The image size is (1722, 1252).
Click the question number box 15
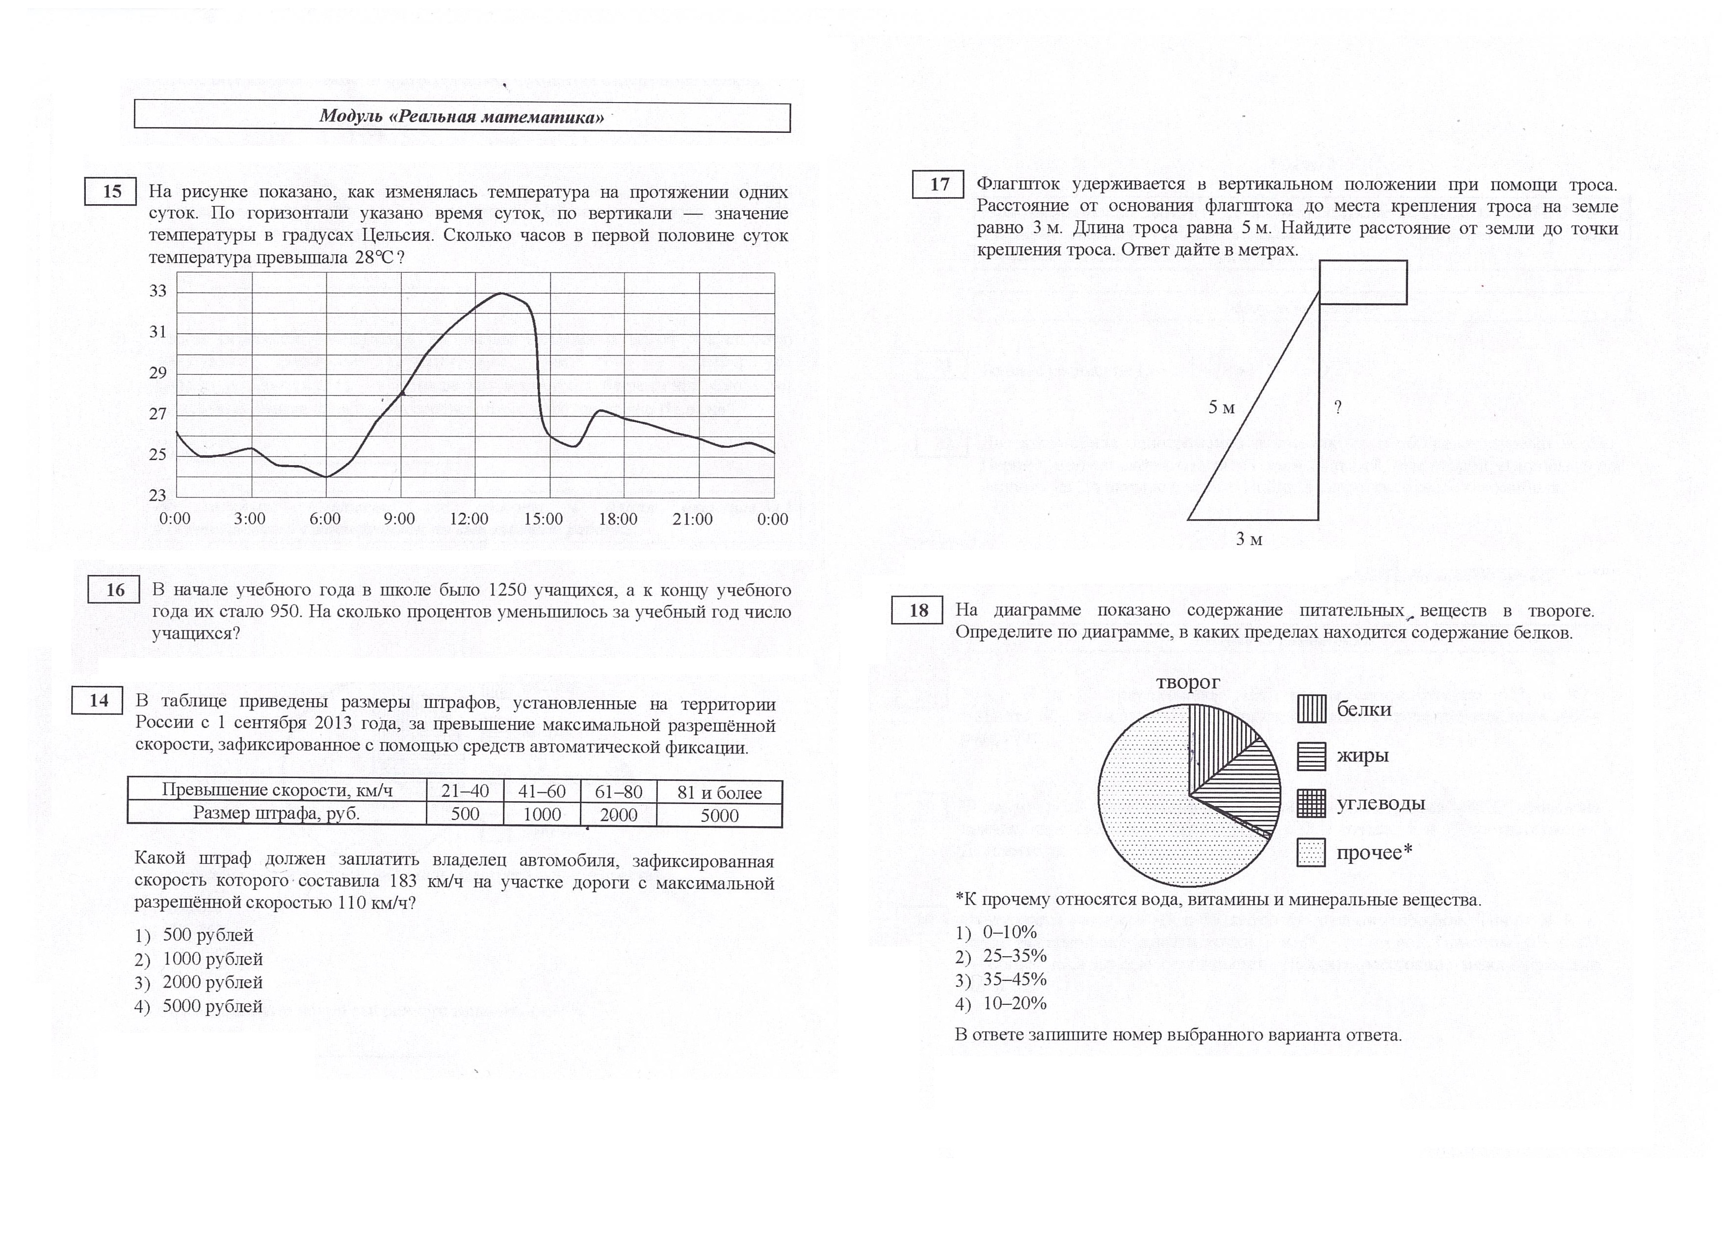[x=111, y=191]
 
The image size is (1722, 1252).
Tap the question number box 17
[x=939, y=184]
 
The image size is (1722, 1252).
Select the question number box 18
[x=918, y=610]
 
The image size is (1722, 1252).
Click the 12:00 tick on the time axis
[x=469, y=520]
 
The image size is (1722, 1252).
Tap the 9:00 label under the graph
[x=399, y=520]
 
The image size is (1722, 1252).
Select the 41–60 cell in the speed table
[x=541, y=792]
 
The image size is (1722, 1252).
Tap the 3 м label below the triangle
[x=1249, y=540]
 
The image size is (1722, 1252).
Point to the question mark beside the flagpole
[x=1338, y=408]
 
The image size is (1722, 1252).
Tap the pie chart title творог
[x=1188, y=682]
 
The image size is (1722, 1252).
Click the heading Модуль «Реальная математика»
[x=462, y=117]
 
